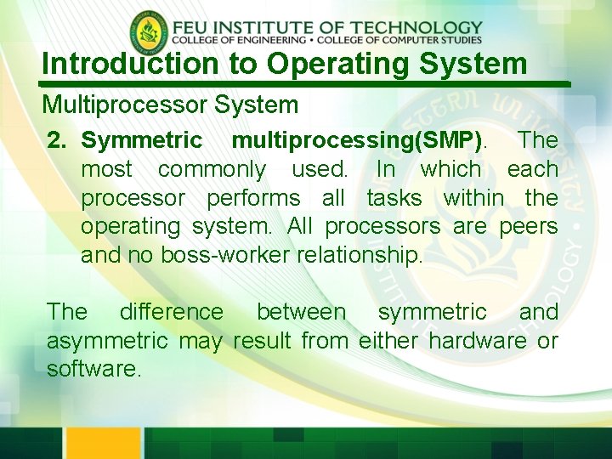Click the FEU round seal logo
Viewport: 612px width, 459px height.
pos(150,33)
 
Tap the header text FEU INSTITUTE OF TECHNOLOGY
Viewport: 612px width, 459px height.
pos(327,27)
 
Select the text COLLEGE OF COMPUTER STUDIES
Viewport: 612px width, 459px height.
pos(414,40)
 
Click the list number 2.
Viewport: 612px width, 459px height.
pos(57,140)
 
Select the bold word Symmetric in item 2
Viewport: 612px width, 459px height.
pos(142,140)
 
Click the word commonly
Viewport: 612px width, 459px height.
pos(212,169)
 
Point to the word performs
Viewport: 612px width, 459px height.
pos(253,198)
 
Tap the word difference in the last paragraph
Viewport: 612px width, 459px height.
pos(172,312)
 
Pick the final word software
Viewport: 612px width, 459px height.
pos(93,370)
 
